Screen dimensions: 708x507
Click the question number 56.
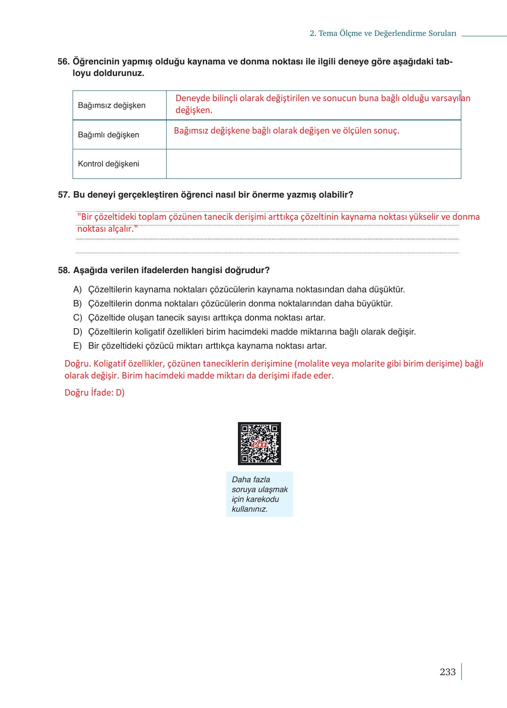63,62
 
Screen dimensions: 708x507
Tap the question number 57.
64,195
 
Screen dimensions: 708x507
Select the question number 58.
64,271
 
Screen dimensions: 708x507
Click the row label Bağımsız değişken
111,105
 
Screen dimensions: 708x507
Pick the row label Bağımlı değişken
108,135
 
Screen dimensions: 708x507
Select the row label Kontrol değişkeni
108,164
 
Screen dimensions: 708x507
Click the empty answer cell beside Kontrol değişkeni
313,164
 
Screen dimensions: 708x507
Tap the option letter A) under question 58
77,290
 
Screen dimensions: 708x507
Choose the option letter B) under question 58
77,304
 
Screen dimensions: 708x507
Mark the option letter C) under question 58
77,318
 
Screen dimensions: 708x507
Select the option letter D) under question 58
77,332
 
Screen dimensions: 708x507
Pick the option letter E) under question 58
77,346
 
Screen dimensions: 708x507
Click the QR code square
259,443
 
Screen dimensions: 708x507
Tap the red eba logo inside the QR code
259,444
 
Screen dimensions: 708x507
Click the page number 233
447,672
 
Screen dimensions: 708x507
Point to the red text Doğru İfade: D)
94,393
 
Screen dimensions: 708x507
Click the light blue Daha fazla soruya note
259,494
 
